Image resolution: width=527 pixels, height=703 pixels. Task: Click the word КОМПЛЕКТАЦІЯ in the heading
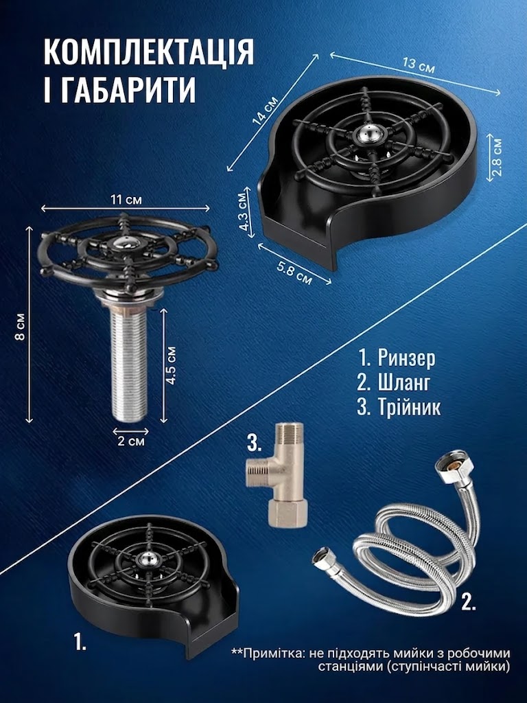click(149, 52)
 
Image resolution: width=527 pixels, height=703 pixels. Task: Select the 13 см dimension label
click(419, 65)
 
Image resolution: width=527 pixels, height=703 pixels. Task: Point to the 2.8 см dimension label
click(497, 157)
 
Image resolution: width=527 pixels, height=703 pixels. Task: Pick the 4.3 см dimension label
click(244, 212)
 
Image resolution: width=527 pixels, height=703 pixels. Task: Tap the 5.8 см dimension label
click(294, 273)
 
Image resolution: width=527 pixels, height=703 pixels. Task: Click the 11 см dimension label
click(126, 200)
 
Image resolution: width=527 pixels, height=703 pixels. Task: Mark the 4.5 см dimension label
click(171, 365)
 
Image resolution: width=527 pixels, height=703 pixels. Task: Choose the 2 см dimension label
click(131, 441)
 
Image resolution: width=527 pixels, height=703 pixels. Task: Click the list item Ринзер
click(396, 358)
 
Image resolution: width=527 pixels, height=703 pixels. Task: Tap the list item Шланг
click(394, 382)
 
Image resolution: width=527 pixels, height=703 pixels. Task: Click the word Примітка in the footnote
click(272, 653)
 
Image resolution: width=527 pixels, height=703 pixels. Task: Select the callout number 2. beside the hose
click(468, 602)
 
